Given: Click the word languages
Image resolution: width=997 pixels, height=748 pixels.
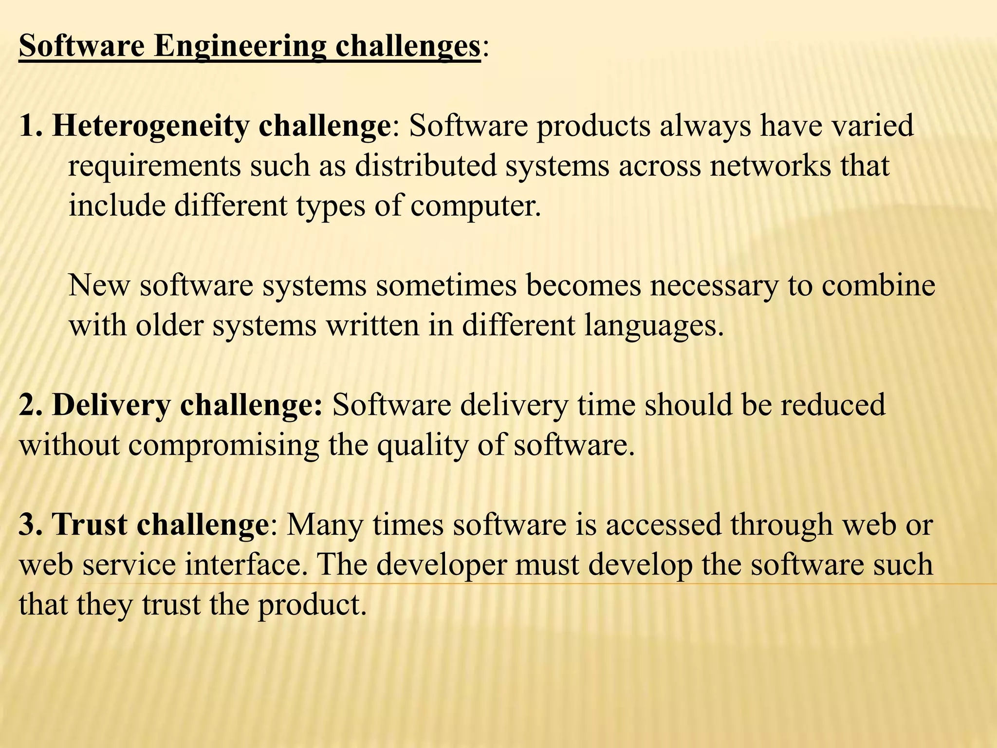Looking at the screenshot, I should pyautogui.click(x=650, y=326).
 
